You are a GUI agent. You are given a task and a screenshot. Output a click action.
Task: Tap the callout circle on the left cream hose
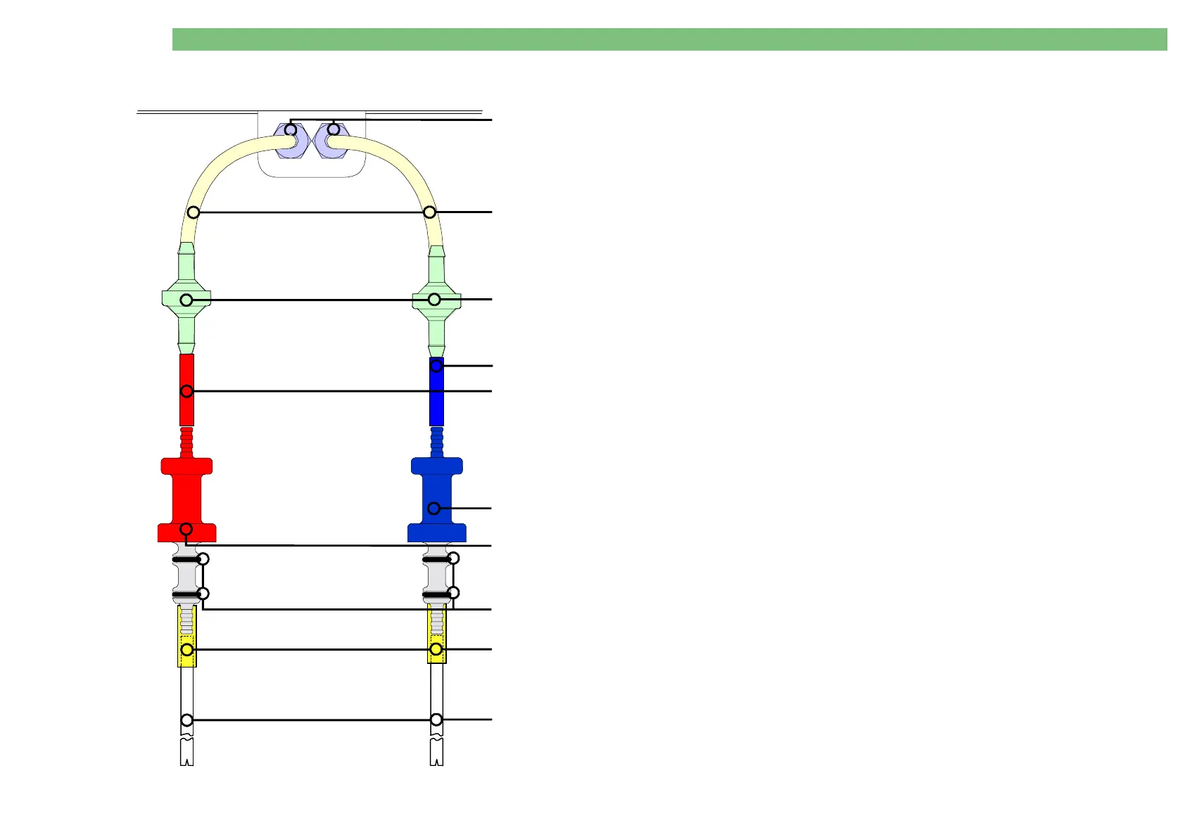(x=194, y=212)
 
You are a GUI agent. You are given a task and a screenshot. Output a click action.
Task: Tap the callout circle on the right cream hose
(x=429, y=212)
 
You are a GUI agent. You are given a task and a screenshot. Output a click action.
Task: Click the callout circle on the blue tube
(x=436, y=366)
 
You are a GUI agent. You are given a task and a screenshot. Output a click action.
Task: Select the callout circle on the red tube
(x=186, y=391)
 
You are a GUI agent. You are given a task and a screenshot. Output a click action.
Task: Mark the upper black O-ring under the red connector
(x=186, y=560)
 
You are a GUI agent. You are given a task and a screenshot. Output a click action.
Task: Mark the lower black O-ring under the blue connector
(x=436, y=595)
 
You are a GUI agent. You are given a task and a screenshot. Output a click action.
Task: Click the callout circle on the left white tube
(x=186, y=720)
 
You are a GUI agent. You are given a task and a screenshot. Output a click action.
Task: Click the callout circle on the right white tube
(x=436, y=720)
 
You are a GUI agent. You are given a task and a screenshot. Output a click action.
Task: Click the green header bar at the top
(x=668, y=39)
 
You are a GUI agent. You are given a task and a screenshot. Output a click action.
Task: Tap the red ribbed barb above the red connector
(x=186, y=442)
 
